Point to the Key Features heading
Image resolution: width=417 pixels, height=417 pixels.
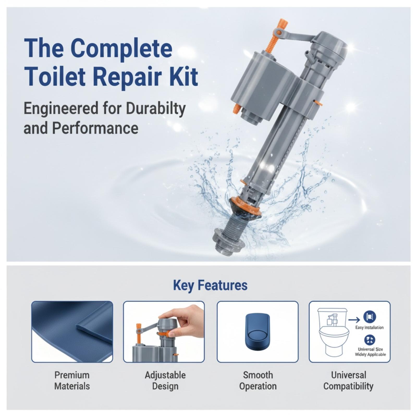(210, 285)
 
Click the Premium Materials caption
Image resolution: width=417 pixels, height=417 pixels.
(72, 381)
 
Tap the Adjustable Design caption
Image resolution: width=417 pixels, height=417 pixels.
(165, 381)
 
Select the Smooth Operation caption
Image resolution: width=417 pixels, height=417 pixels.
(258, 381)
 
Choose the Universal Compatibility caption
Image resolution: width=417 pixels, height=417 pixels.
(348, 381)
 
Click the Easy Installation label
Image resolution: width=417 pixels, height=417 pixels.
(370, 327)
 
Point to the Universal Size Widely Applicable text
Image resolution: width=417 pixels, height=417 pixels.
(370, 352)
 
